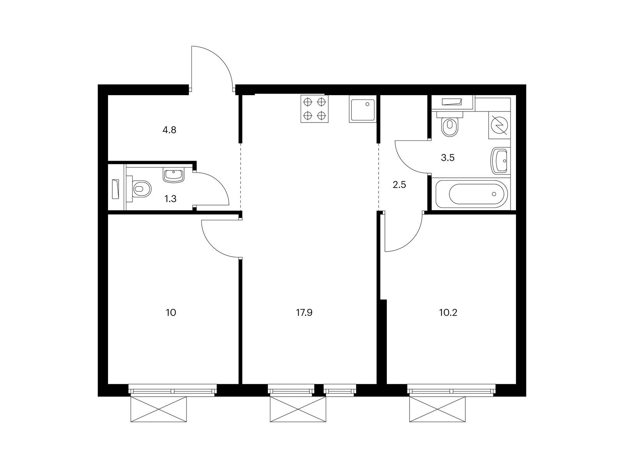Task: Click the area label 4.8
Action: click(169, 130)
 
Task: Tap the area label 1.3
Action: click(170, 199)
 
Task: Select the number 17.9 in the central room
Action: click(304, 313)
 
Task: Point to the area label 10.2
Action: click(448, 313)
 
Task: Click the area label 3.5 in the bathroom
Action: click(448, 158)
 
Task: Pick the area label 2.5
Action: click(399, 185)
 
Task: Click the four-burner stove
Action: click(314, 109)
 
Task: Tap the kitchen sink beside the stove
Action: click(363, 109)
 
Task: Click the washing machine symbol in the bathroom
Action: click(500, 125)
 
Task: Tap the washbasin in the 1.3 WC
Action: click(174, 175)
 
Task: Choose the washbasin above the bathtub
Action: click(501, 161)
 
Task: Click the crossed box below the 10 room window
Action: click(158, 409)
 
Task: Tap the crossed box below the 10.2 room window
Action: click(437, 409)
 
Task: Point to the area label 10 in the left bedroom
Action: click(171, 313)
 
